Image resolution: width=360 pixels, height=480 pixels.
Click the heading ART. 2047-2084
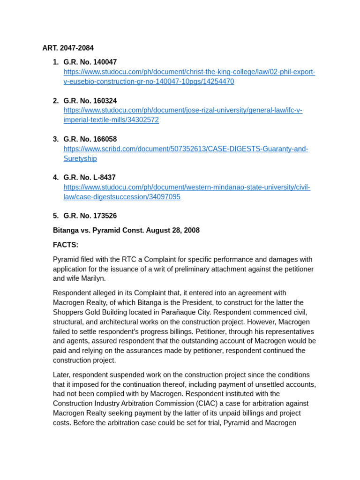tap(68, 48)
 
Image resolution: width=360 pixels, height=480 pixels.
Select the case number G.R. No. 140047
tap(90, 62)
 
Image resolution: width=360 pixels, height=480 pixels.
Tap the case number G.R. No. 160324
tap(90, 101)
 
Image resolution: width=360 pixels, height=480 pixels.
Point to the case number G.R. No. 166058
tap(90, 139)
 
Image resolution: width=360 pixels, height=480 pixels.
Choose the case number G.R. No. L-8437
tap(90, 178)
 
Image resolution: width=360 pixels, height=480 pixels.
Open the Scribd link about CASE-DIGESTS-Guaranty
tap(186, 149)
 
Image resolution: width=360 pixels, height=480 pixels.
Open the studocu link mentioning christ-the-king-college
tap(189, 72)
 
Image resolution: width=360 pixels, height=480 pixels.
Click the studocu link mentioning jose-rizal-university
tap(183, 110)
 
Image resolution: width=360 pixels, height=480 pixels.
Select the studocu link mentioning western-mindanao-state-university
tap(187, 187)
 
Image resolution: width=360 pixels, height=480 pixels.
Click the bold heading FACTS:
tap(66, 245)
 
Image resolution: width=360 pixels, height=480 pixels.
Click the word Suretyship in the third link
tap(80, 158)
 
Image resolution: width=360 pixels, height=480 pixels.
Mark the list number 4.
tap(55, 178)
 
